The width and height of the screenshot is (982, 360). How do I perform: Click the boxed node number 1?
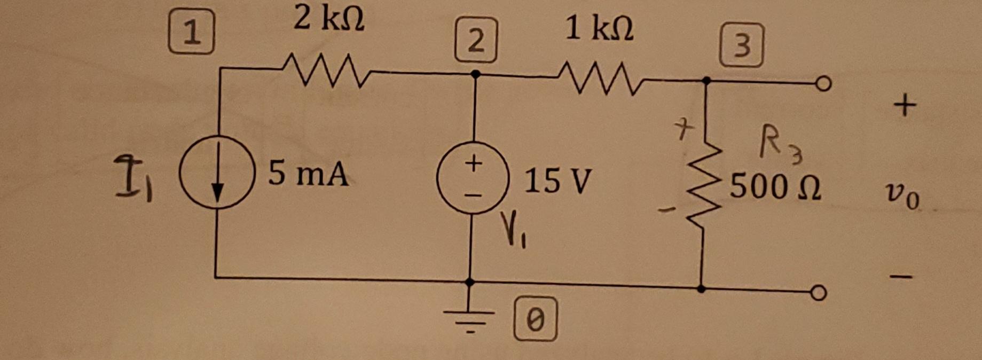tap(191, 34)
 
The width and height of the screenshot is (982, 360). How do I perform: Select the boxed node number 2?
tap(476, 40)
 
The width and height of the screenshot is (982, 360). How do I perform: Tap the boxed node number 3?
tap(741, 46)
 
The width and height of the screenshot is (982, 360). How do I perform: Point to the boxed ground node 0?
tap(536, 319)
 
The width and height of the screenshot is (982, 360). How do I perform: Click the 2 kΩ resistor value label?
tap(329, 20)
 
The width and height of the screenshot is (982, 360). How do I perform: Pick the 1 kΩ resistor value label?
tap(599, 28)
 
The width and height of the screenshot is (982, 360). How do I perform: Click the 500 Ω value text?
tap(775, 187)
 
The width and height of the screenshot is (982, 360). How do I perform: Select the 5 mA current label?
tap(308, 174)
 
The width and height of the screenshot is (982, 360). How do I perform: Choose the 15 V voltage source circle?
tap(473, 178)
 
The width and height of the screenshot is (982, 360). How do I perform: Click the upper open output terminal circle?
tap(824, 84)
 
